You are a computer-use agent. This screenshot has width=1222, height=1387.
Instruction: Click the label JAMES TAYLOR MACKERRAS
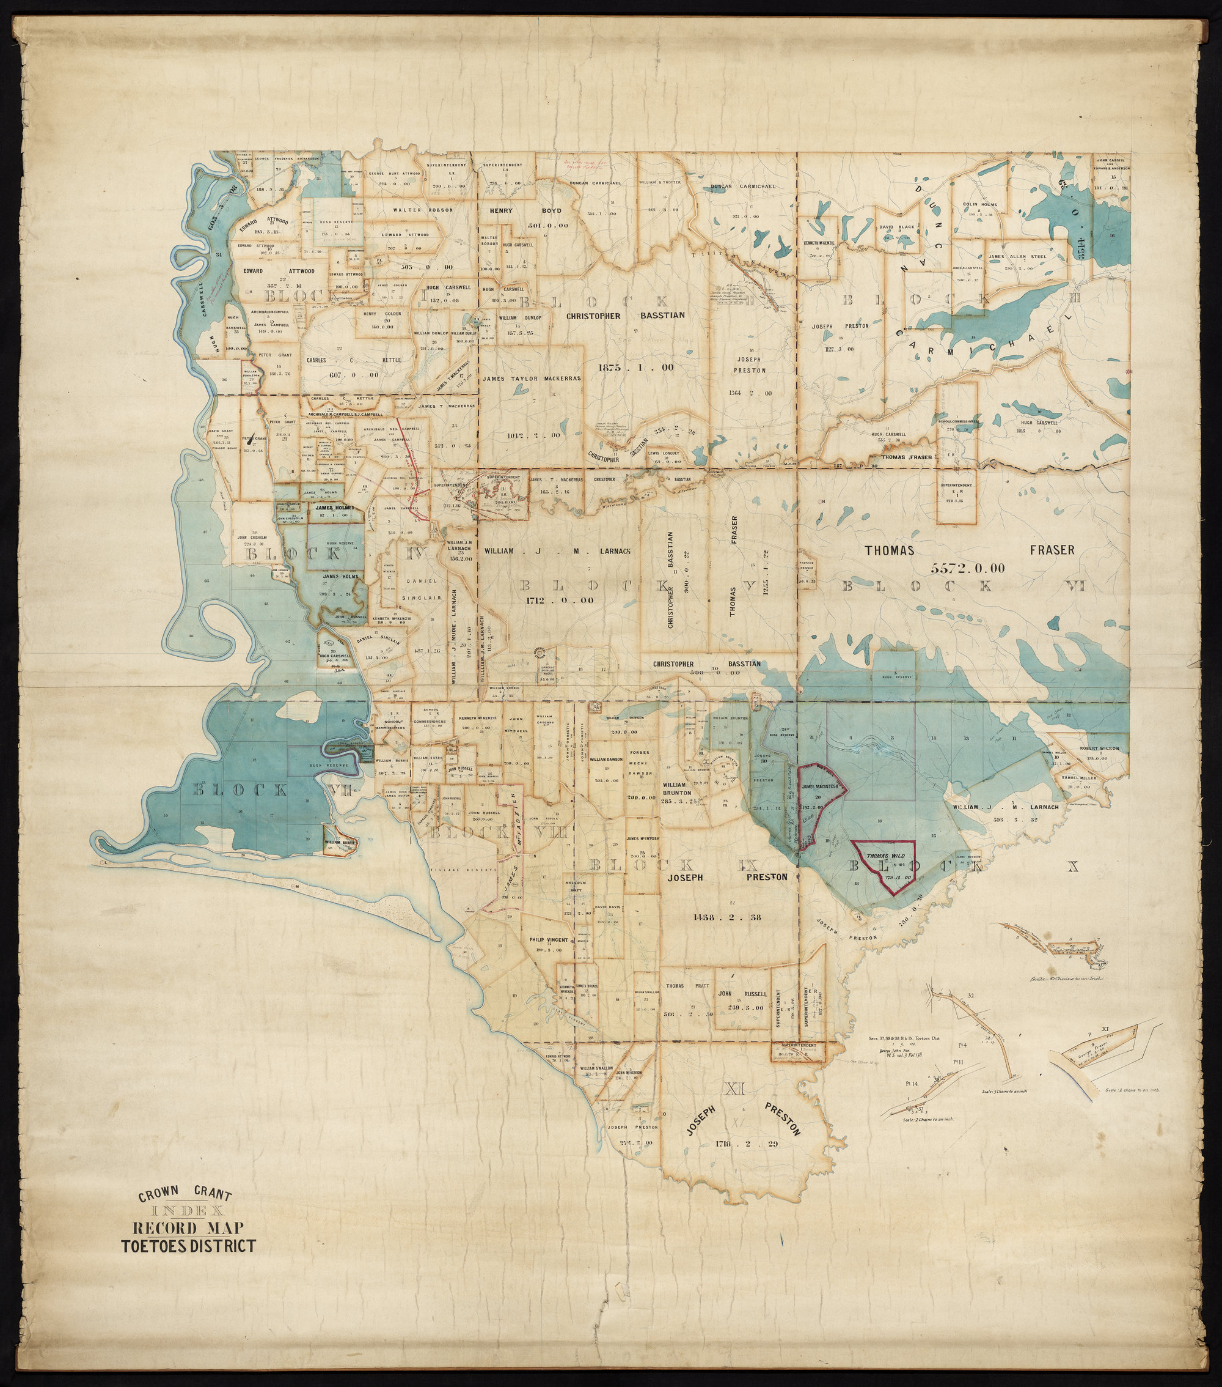click(532, 379)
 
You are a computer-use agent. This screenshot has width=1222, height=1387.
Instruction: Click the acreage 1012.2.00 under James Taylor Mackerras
click(535, 435)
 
